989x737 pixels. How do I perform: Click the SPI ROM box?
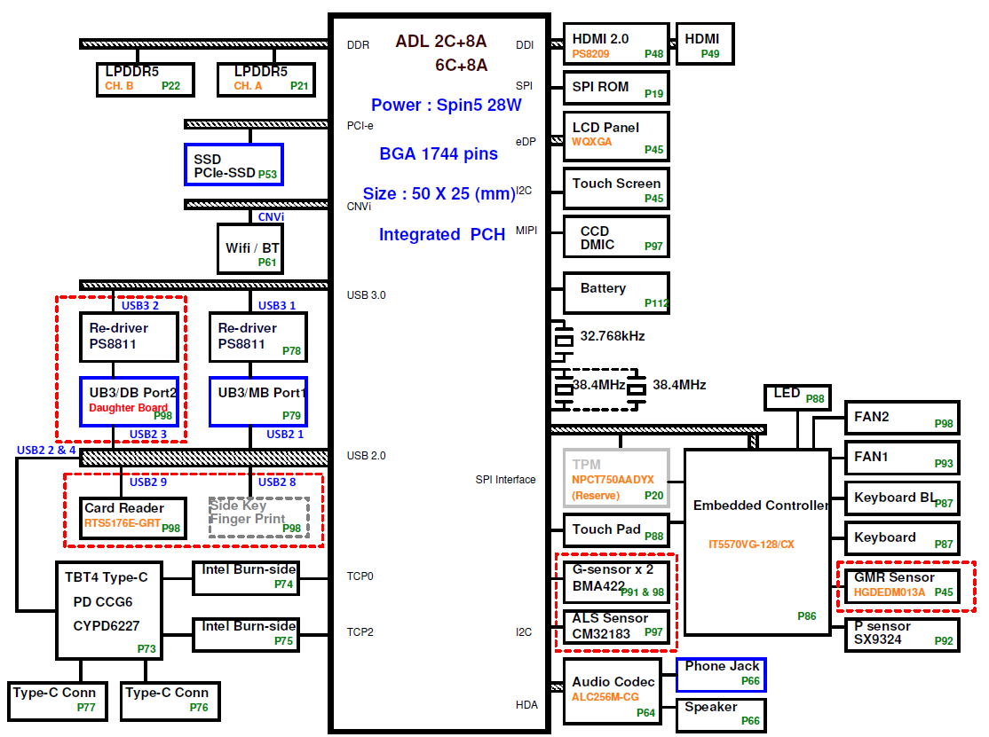[615, 88]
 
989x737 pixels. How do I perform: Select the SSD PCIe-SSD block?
[234, 165]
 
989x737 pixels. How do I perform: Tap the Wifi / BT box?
[250, 249]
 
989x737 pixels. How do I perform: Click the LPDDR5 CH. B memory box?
[145, 79]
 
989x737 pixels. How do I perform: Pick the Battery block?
[615, 293]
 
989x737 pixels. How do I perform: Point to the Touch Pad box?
[615, 529]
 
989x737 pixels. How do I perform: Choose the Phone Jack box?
[721, 675]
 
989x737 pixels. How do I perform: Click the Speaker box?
[721, 715]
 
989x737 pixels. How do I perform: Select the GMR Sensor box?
[902, 586]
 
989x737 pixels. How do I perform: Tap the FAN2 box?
[902, 418]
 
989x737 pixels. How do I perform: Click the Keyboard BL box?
[902, 498]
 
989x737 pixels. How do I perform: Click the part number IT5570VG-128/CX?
[751, 545]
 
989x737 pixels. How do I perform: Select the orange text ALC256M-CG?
[605, 697]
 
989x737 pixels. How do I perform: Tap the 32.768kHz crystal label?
[613, 336]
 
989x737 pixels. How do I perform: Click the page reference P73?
[146, 649]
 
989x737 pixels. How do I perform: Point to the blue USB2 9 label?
[148, 482]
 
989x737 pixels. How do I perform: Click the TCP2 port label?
[360, 631]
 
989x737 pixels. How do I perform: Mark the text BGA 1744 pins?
[439, 153]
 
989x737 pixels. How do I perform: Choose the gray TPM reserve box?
[615, 479]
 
